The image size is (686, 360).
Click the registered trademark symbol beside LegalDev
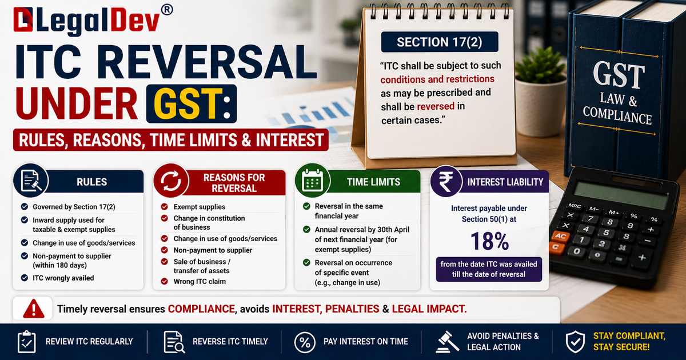click(166, 10)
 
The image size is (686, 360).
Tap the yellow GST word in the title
click(188, 104)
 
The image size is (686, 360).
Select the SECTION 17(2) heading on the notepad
click(440, 42)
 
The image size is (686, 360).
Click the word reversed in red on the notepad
click(436, 106)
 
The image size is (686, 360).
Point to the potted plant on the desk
click(540, 92)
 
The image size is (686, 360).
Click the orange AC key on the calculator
click(560, 236)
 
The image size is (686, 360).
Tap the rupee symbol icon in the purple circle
click(446, 182)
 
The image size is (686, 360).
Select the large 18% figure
click(489, 241)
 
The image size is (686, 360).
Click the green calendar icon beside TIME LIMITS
click(312, 181)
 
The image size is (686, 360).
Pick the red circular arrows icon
click(171, 181)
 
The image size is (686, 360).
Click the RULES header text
click(92, 182)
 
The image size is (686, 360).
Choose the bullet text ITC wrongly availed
click(63, 278)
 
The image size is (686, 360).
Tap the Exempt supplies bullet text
click(200, 207)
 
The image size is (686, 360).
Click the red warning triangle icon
click(34, 309)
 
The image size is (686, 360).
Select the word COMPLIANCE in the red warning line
click(201, 309)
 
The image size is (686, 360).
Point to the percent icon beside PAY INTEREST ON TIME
click(305, 342)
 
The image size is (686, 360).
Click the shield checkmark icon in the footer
click(575, 342)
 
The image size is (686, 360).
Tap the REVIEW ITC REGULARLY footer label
click(89, 341)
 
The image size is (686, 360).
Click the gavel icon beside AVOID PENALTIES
click(448, 342)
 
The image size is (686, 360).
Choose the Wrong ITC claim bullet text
click(200, 282)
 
